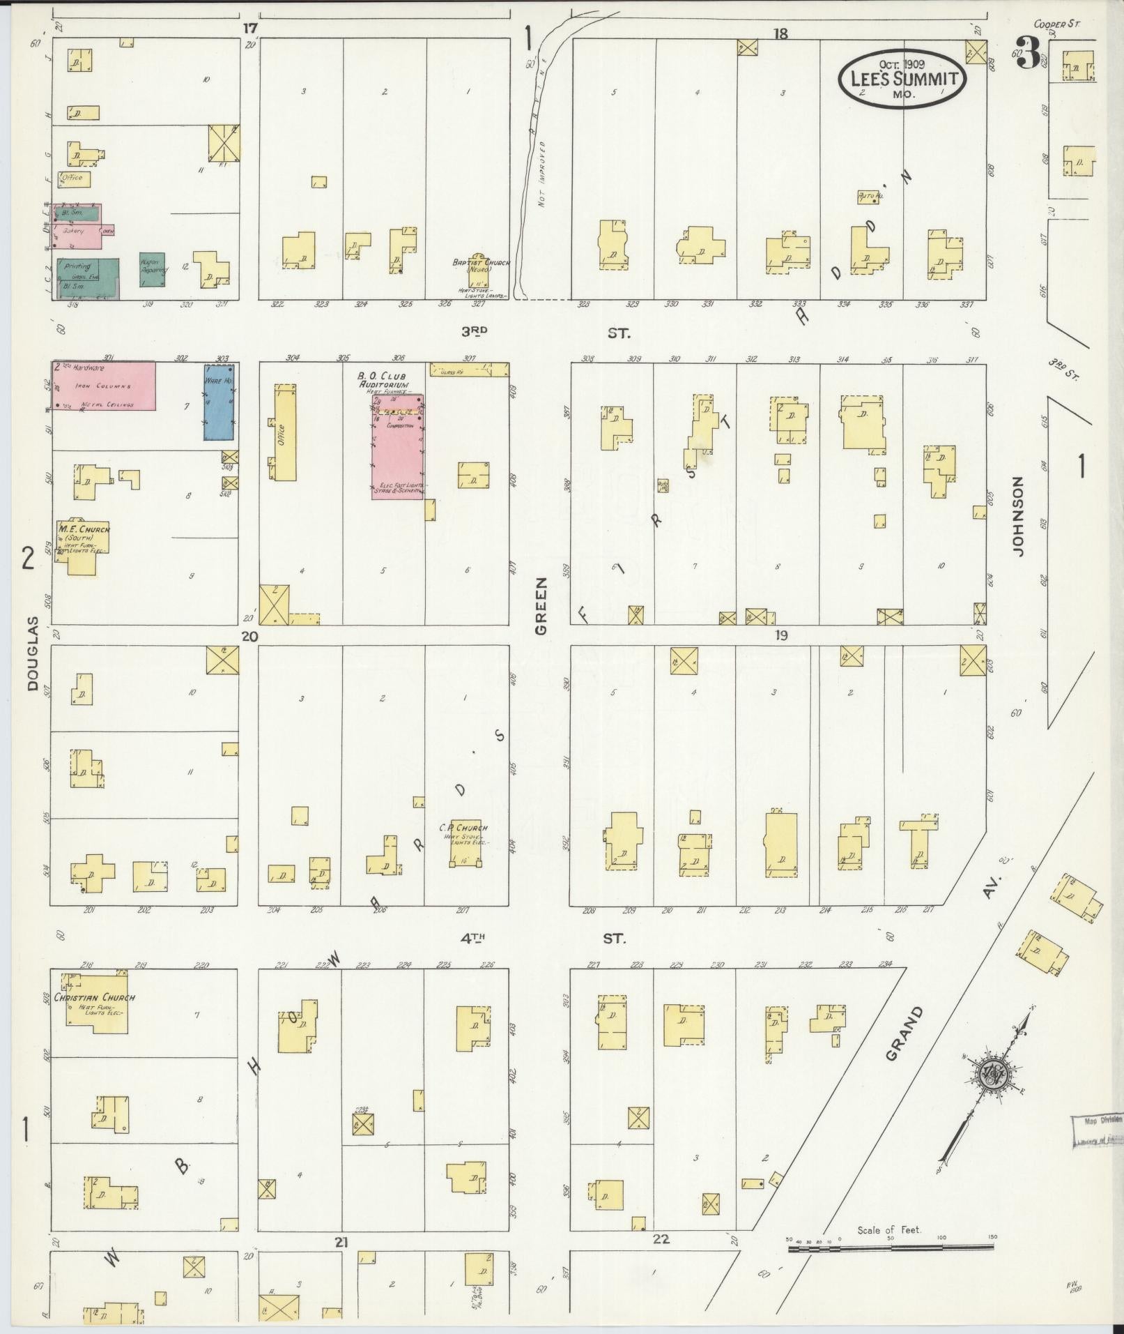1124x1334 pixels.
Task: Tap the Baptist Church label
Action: pyautogui.click(x=481, y=265)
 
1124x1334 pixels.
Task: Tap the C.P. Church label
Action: pyautogui.click(x=463, y=828)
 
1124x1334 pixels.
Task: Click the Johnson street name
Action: pyautogui.click(x=1019, y=516)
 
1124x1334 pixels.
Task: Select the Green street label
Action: pyautogui.click(x=541, y=608)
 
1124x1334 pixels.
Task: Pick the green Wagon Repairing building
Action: pyautogui.click(x=152, y=270)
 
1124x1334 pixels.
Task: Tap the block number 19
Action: pyautogui.click(x=780, y=635)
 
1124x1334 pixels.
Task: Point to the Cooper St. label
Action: pyautogui.click(x=1056, y=24)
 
